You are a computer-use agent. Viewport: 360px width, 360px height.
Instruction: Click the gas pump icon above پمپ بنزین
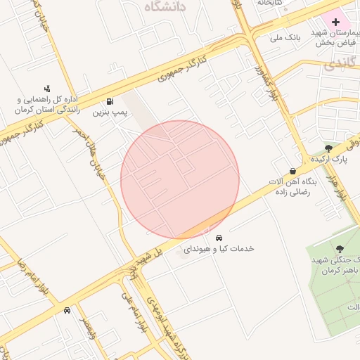point(110,101)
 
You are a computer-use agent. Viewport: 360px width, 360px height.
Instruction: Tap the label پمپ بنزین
point(110,112)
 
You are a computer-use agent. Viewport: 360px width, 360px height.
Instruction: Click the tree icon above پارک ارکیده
point(328,148)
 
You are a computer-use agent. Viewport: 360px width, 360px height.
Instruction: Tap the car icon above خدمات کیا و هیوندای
point(219,238)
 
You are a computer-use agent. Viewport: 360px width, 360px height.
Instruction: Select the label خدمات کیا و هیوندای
point(219,249)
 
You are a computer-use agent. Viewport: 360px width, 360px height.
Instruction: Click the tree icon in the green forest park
point(340,249)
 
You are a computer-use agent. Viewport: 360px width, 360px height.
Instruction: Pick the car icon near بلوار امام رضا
point(67,310)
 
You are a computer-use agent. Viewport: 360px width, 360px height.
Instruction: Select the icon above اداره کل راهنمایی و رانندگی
point(47,89)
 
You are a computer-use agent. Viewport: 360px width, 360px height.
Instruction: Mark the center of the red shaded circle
point(180,180)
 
